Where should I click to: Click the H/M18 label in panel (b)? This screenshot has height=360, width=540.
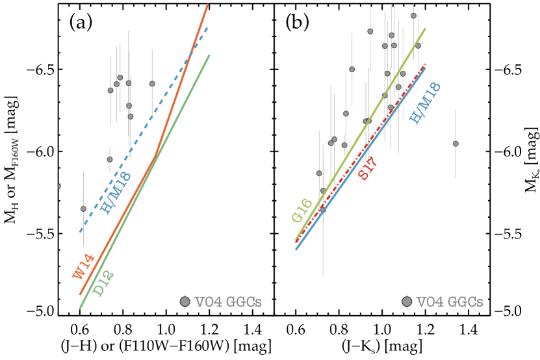(x=426, y=101)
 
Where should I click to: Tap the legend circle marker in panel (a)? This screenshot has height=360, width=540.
(x=185, y=302)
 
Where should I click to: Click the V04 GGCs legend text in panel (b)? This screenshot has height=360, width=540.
(x=450, y=302)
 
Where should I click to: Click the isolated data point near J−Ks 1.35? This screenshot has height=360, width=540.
(x=456, y=144)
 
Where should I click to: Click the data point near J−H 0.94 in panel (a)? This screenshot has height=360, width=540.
(x=152, y=83)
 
